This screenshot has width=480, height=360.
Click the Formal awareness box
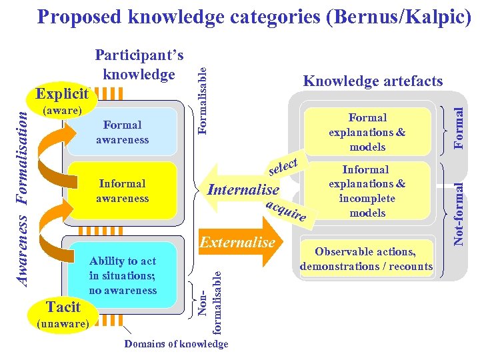(x=122, y=132)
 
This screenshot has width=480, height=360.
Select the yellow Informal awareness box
(x=122, y=191)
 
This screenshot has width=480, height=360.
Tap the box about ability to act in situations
(x=123, y=275)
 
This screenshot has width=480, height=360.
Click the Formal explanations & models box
(x=367, y=132)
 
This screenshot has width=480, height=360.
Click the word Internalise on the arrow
(x=243, y=190)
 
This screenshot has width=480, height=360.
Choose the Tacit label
(x=63, y=307)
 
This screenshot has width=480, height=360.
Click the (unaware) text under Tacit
(x=64, y=323)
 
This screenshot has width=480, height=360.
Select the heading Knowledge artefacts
(x=373, y=81)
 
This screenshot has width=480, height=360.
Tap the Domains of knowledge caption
(x=176, y=344)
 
